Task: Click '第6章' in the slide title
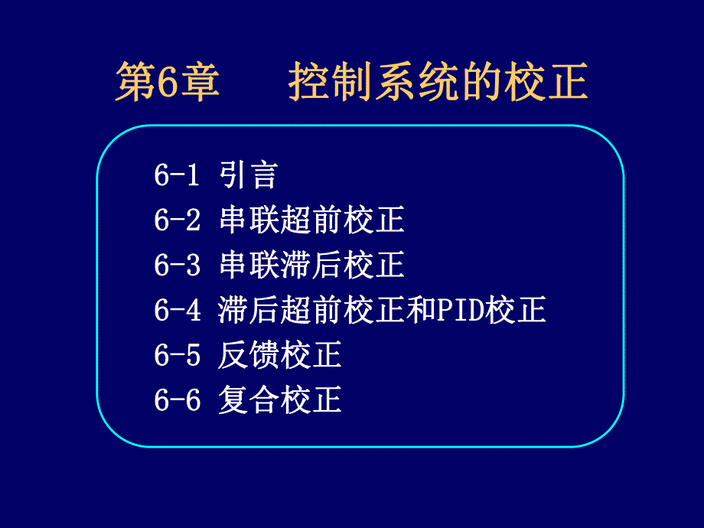click(x=168, y=83)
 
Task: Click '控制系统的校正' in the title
click(x=438, y=83)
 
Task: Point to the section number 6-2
click(x=177, y=221)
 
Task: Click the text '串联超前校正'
click(x=311, y=221)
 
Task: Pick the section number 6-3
click(x=177, y=266)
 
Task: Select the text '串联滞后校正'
click(x=311, y=266)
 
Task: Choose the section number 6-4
click(x=177, y=311)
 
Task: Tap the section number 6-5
click(x=177, y=355)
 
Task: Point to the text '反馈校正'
click(x=279, y=355)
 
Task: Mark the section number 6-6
click(x=177, y=400)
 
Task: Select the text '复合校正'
click(x=279, y=400)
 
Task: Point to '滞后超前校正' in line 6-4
click(x=311, y=311)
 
